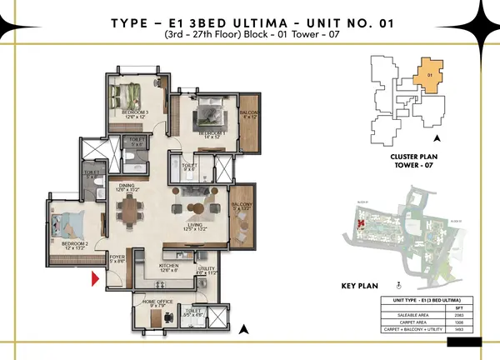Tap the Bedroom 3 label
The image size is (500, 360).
tap(135, 112)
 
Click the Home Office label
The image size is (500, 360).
tap(158, 301)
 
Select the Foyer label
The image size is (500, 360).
tap(117, 258)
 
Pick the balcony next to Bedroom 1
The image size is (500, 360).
tap(248, 114)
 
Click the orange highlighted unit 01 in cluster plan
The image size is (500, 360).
tap(429, 76)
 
